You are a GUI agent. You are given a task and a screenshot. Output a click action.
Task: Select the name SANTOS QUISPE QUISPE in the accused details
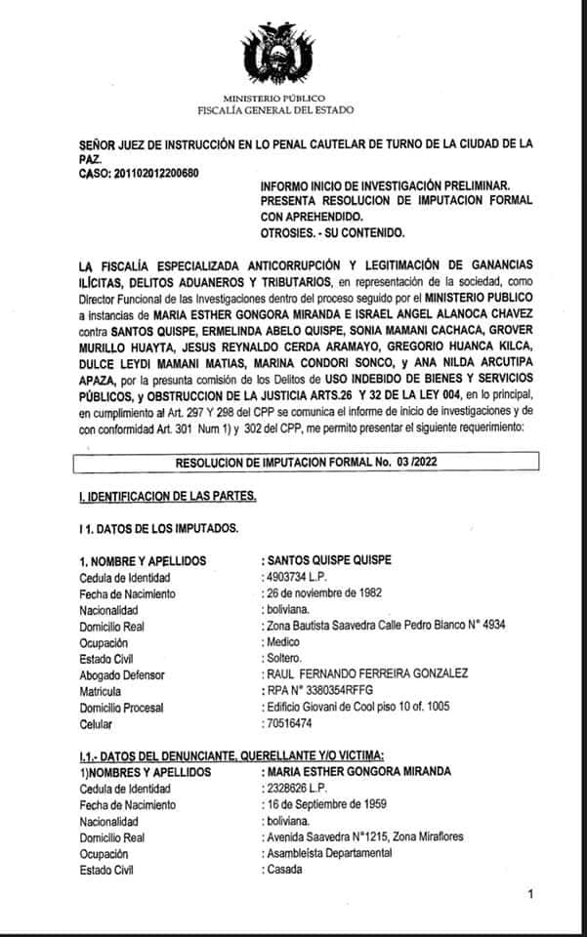point(331,560)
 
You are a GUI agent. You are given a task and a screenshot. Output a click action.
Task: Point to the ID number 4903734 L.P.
point(297,577)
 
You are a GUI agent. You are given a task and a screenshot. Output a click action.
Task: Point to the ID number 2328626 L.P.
point(297,787)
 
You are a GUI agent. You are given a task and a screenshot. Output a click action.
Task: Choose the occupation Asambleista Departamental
point(332,853)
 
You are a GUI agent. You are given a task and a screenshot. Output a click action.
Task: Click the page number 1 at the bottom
point(530,894)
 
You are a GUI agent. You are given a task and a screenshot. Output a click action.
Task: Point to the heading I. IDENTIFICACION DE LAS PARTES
point(168,497)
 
